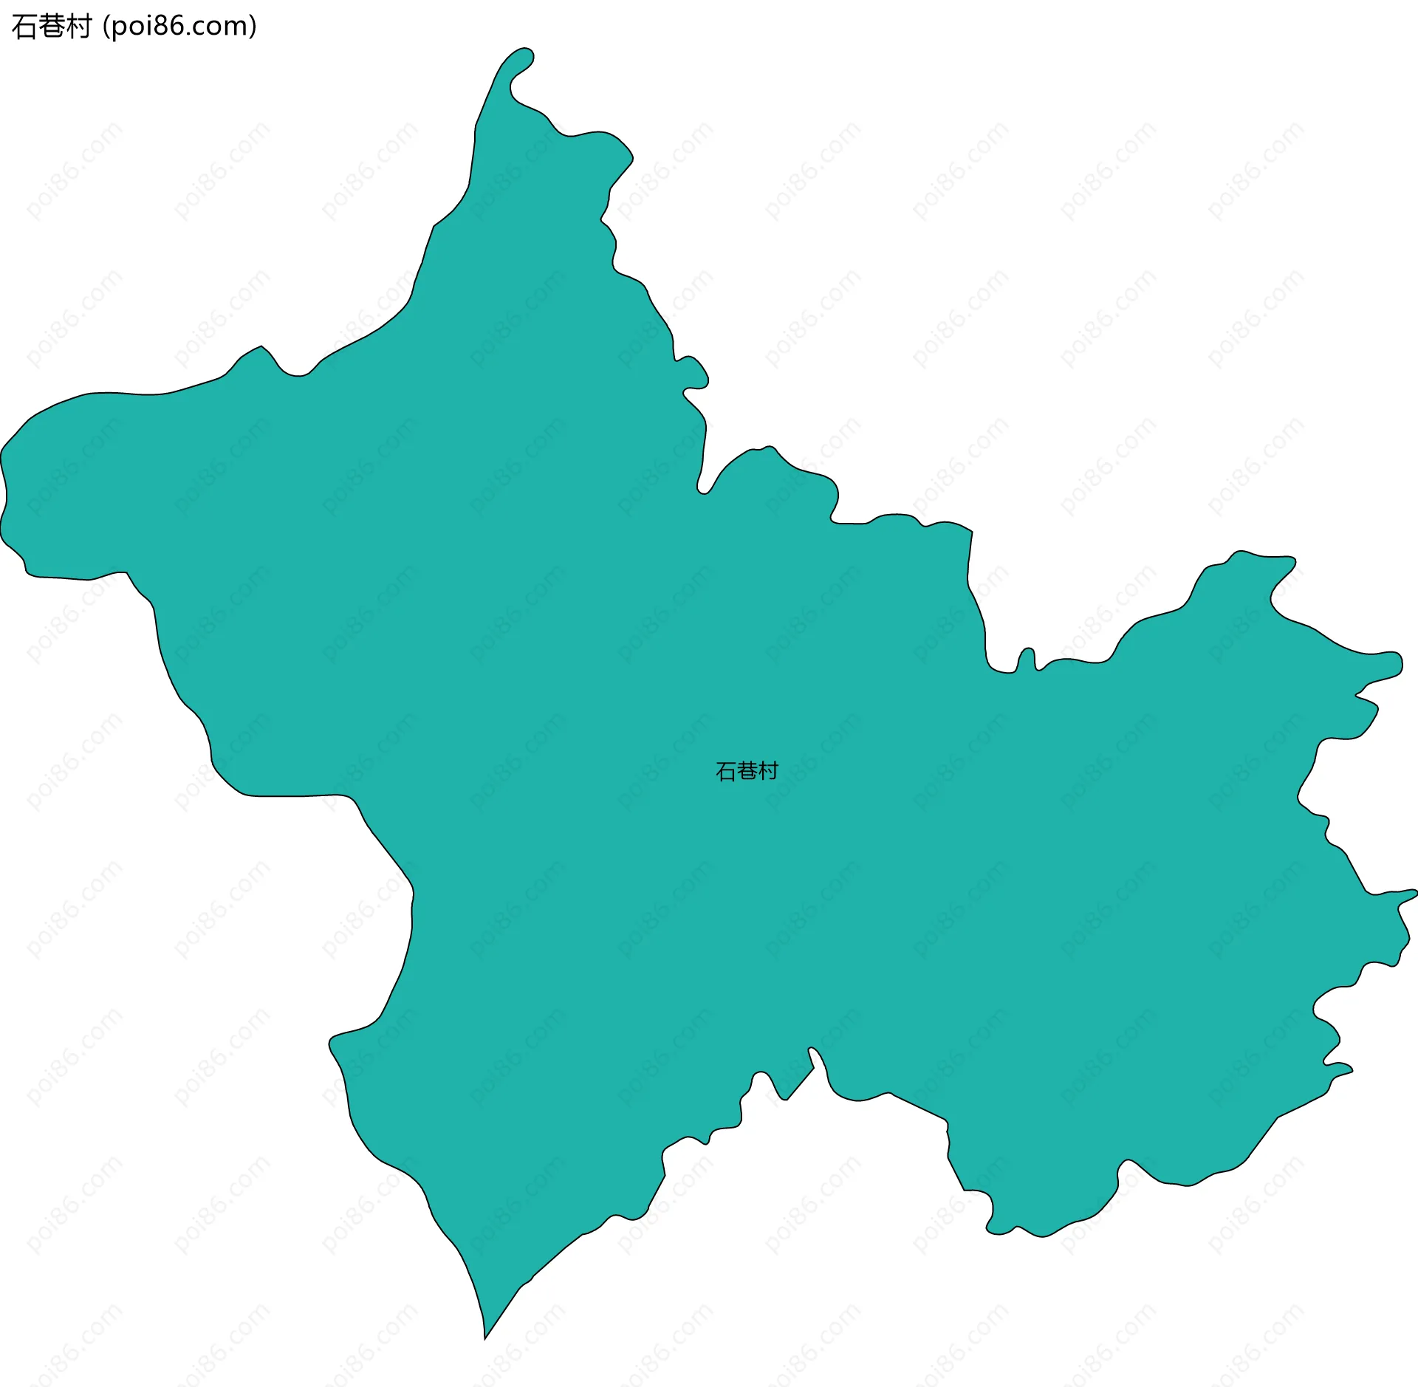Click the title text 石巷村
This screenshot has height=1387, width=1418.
(52, 27)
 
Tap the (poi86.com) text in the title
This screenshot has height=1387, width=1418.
(179, 27)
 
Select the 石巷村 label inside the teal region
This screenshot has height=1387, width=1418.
(747, 771)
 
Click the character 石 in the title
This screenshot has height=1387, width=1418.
(24, 27)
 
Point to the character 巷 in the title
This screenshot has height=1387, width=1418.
(52, 27)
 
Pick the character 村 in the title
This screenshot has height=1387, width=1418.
(78, 27)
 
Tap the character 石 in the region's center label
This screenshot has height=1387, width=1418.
(726, 771)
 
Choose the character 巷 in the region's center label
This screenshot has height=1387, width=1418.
(747, 771)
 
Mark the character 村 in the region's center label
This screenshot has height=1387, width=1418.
(768, 771)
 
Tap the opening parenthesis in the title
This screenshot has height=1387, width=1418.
(106, 27)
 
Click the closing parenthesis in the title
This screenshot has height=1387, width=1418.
(253, 27)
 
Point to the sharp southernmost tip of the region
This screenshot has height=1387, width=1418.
(485, 1337)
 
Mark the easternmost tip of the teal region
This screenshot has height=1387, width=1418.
(1414, 894)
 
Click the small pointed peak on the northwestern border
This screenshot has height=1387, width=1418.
(261, 347)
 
